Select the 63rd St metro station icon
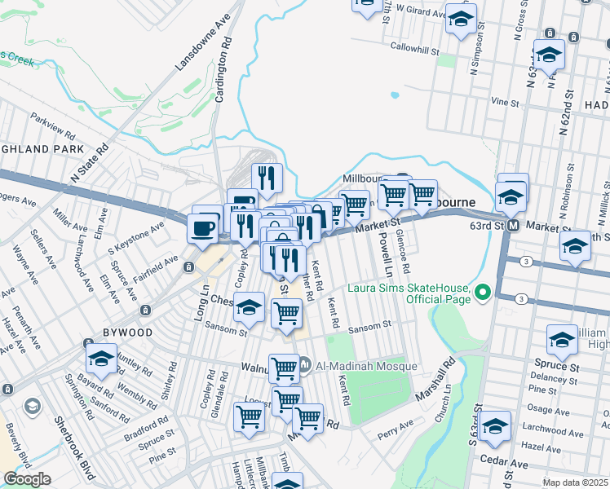513,225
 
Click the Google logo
27,479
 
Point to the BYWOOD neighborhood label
127,333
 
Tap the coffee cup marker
203,228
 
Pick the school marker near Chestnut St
249,308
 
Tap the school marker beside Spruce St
562,341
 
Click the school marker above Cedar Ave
495,426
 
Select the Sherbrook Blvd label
72,444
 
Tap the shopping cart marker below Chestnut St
286,313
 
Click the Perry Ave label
395,426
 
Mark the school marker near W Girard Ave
461,19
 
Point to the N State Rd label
89,162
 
